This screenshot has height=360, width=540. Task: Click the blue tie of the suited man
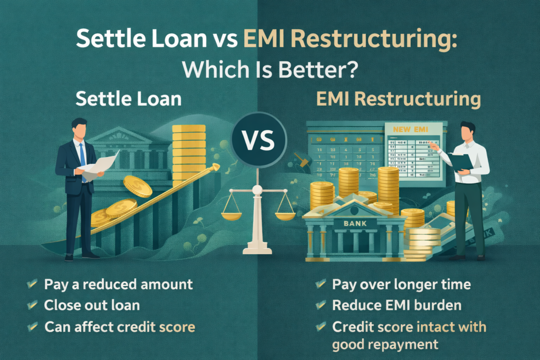[82, 158]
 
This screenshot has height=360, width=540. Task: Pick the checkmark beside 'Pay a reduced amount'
[32, 285]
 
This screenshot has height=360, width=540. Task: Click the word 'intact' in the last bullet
[432, 327]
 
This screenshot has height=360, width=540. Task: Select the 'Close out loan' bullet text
[92, 306]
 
